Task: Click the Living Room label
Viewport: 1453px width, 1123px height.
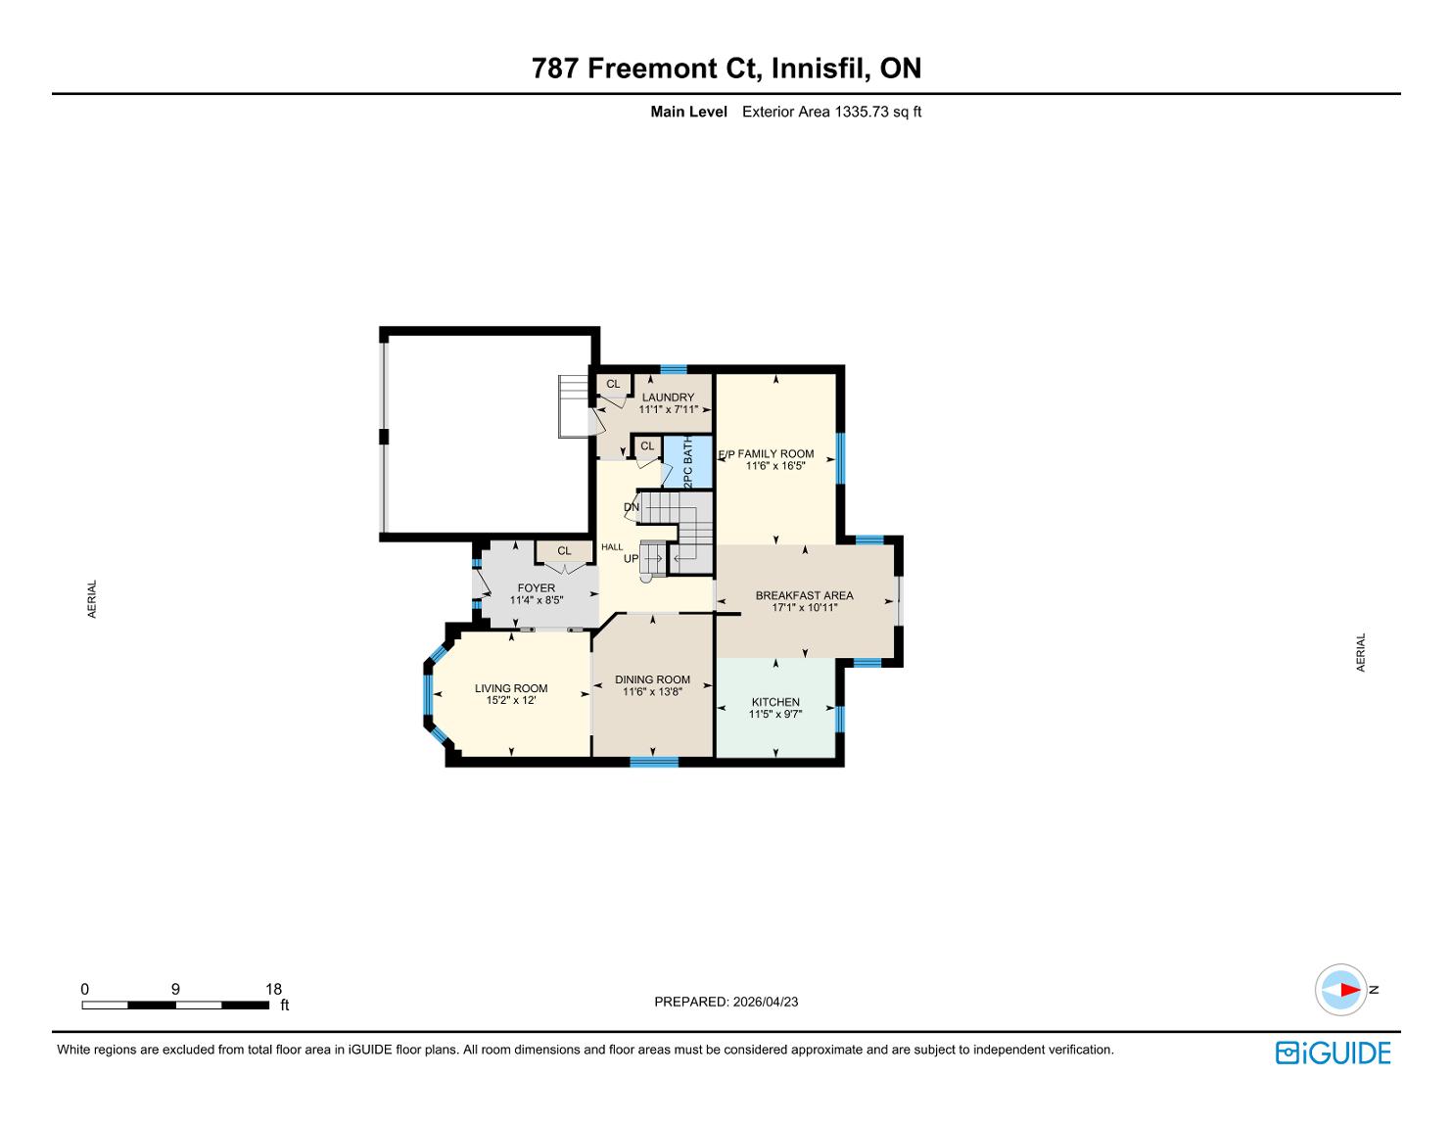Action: click(x=511, y=688)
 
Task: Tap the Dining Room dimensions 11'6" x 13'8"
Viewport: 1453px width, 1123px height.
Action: click(x=652, y=692)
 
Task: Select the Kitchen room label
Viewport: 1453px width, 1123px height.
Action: click(x=775, y=702)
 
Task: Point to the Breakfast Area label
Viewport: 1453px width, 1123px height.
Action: click(x=805, y=595)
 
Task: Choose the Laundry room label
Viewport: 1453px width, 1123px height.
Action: click(x=668, y=398)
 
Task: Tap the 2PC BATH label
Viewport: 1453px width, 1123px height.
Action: click(x=688, y=461)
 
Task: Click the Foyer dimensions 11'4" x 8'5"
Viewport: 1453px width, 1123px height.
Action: click(x=537, y=600)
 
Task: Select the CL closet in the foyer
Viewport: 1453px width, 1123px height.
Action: click(x=564, y=551)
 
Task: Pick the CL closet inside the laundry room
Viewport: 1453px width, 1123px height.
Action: click(x=613, y=384)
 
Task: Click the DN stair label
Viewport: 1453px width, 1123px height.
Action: click(x=632, y=507)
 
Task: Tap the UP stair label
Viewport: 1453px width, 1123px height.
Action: click(x=632, y=559)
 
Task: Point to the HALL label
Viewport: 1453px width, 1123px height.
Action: click(x=612, y=546)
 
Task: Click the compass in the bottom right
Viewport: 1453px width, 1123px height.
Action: click(x=1340, y=990)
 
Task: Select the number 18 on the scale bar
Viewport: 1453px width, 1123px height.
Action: click(x=273, y=989)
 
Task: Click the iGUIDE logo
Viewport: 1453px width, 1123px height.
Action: click(x=1333, y=1053)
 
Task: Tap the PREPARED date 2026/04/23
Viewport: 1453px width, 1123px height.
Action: click(x=766, y=1002)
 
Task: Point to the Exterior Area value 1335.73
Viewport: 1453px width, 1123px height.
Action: click(x=865, y=112)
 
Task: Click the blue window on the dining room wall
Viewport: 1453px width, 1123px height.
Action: click(x=654, y=762)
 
